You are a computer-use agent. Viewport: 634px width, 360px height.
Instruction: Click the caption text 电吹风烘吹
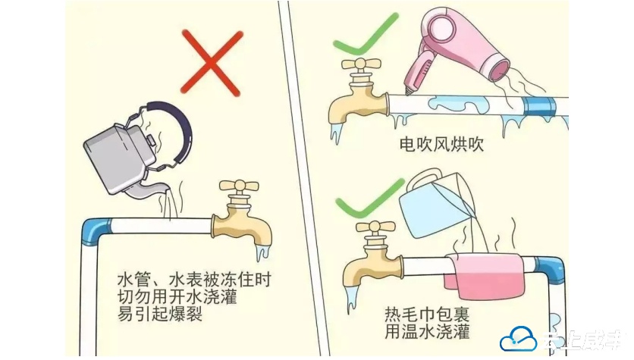[441, 144]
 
